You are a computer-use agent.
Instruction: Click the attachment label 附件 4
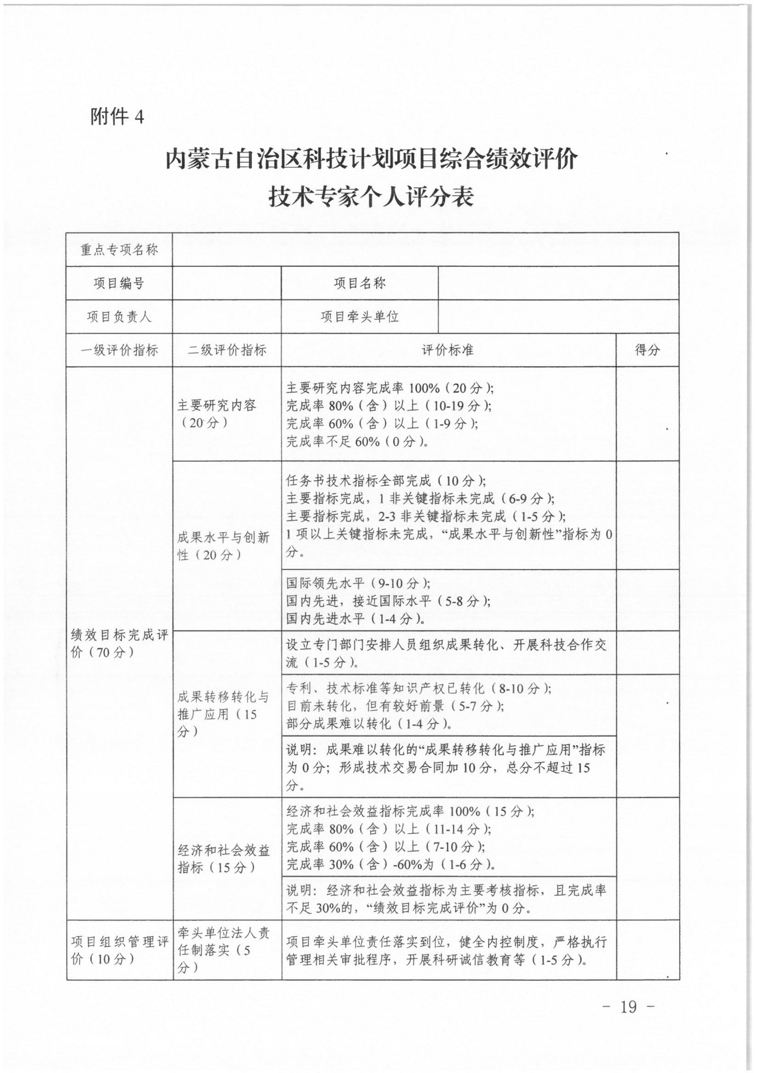coord(117,116)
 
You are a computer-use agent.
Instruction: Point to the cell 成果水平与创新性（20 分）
coord(223,546)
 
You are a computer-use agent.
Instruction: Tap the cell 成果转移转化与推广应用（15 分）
coord(223,714)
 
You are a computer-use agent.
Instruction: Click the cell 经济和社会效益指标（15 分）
coord(223,859)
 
